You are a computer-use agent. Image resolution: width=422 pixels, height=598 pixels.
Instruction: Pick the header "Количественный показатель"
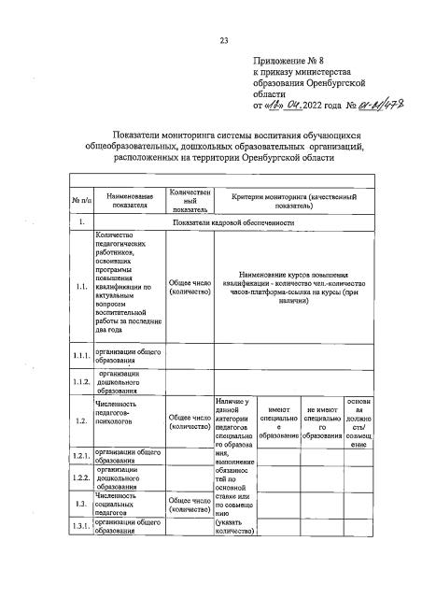[189, 200]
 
